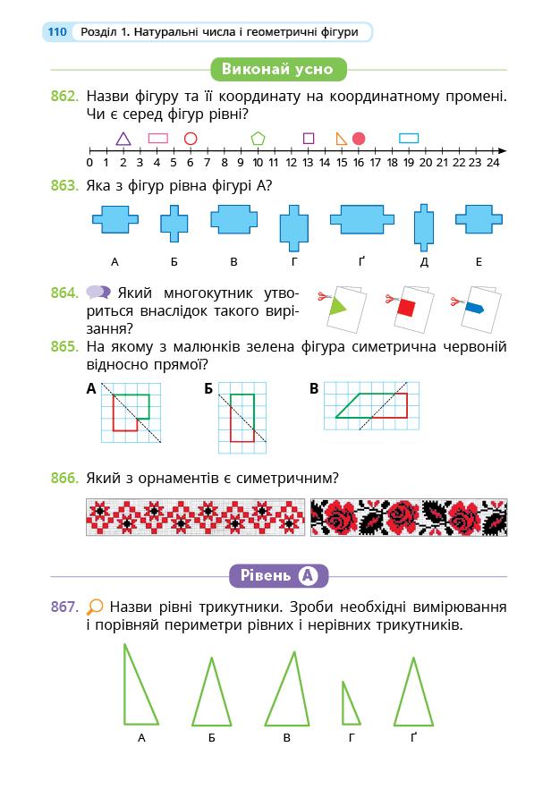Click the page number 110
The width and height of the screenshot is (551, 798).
[57, 32]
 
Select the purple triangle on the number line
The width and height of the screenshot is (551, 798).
[123, 139]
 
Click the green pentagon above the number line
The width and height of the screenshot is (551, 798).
[258, 139]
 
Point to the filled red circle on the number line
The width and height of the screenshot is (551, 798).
[359, 139]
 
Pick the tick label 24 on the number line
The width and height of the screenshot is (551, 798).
[493, 162]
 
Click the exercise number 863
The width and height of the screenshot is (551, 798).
[64, 186]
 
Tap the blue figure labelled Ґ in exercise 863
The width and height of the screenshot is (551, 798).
[361, 220]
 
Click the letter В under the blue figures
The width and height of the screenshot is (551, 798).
[233, 261]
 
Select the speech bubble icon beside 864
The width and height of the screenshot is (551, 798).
[98, 293]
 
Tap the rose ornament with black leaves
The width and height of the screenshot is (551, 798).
[408, 517]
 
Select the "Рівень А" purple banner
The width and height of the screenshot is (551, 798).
[278, 575]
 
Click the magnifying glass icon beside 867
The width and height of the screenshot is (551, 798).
[95, 606]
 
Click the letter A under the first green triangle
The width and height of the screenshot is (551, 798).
[142, 738]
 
